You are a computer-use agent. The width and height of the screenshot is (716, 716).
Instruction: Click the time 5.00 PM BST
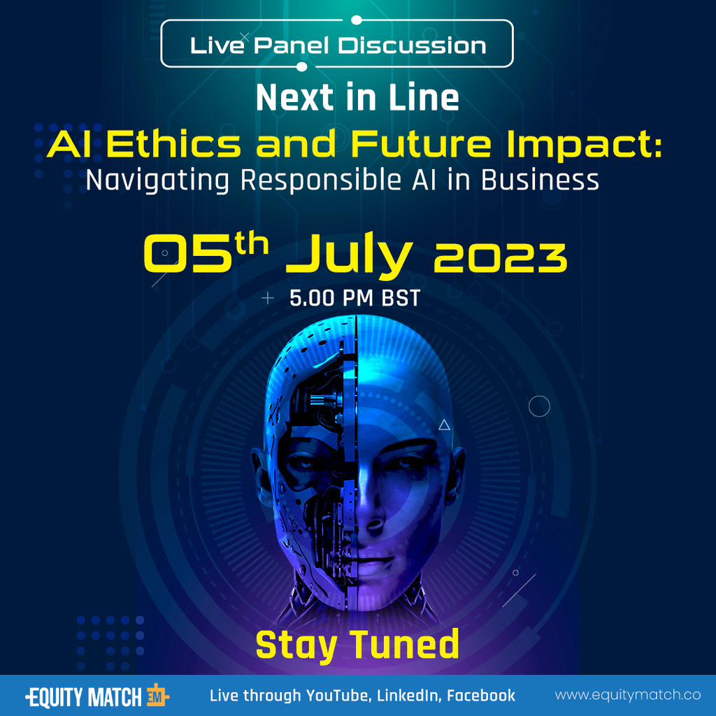pyautogui.click(x=355, y=299)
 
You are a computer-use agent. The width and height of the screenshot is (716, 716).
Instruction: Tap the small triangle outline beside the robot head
pyautogui.click(x=444, y=424)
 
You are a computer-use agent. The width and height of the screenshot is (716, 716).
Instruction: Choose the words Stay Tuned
pyautogui.click(x=357, y=644)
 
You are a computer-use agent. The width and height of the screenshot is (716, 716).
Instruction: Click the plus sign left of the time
pyautogui.click(x=268, y=299)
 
